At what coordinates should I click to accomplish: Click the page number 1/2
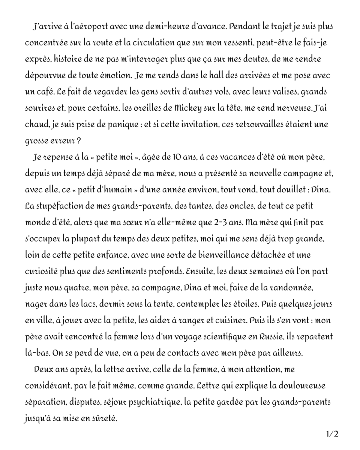(332, 434)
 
